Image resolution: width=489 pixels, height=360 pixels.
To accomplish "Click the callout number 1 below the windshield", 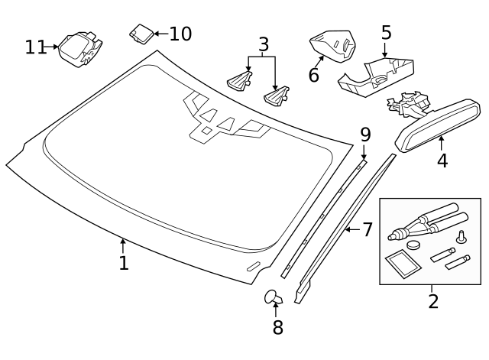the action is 124,263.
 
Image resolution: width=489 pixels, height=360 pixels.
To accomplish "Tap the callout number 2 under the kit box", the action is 433,301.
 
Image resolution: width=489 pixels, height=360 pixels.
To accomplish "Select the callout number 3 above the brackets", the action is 264,44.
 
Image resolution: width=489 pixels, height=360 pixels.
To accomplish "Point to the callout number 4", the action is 442,161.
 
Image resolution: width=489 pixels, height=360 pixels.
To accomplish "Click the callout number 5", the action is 386,32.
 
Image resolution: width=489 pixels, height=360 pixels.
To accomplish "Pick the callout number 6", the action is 314,75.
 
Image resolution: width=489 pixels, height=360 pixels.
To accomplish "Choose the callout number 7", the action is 368,229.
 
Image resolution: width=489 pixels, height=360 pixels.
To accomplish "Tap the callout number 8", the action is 278,327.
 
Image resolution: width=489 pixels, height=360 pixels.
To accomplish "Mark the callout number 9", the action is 365,135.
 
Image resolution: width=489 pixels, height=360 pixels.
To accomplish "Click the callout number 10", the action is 180,34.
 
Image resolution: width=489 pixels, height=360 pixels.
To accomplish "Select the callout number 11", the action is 36,47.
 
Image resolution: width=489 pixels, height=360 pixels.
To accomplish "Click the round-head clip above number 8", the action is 274,297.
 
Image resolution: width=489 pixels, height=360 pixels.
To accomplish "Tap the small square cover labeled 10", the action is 141,34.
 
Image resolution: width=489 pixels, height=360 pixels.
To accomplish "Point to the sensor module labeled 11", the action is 81,49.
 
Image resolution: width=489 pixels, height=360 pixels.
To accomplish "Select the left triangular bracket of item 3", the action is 239,81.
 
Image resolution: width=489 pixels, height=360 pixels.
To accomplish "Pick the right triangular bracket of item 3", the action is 277,96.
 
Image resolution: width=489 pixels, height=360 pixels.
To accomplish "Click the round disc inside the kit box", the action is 413,245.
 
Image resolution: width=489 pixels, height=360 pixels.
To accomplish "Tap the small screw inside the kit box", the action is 461,238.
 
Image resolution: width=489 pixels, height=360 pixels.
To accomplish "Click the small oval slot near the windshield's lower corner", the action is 254,267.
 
